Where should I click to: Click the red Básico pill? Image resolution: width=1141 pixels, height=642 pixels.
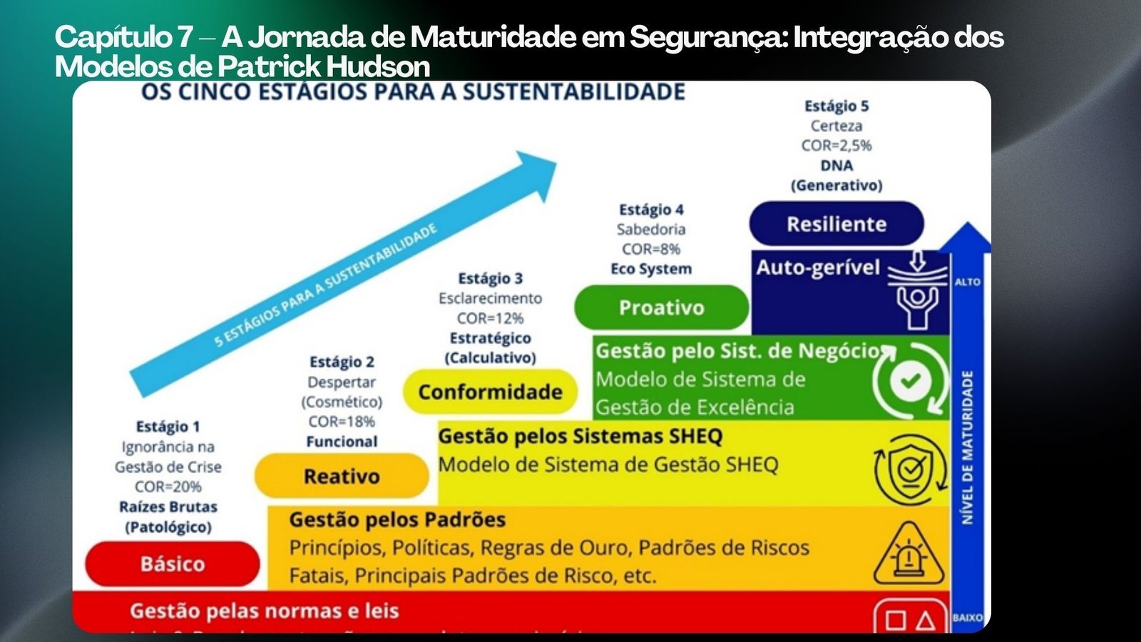pyautogui.click(x=173, y=564)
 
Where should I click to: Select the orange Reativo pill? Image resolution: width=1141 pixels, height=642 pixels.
pyautogui.click(x=342, y=476)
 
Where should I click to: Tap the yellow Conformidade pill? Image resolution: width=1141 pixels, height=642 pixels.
pyautogui.click(x=490, y=392)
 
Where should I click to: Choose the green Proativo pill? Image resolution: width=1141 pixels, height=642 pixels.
pyautogui.click(x=661, y=307)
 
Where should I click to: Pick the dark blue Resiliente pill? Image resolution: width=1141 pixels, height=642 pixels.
pyautogui.click(x=836, y=224)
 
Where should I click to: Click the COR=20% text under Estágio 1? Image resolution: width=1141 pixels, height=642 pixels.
pyautogui.click(x=168, y=486)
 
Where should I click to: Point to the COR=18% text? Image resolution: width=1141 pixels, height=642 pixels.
pyautogui.click(x=342, y=422)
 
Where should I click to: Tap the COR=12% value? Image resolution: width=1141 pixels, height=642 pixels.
pyautogui.click(x=490, y=318)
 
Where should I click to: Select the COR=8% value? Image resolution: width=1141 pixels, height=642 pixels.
pyautogui.click(x=651, y=249)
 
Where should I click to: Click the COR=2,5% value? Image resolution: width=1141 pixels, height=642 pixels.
pyautogui.click(x=836, y=146)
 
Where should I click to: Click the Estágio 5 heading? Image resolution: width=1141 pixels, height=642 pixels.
pyautogui.click(x=836, y=106)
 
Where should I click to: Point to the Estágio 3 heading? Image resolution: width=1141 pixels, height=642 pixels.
pyautogui.click(x=490, y=278)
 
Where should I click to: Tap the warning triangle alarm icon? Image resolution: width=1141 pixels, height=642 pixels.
pyautogui.click(x=909, y=554)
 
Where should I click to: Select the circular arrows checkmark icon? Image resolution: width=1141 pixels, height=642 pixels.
pyautogui.click(x=911, y=381)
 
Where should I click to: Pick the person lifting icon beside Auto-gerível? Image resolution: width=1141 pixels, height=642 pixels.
pyautogui.click(x=917, y=292)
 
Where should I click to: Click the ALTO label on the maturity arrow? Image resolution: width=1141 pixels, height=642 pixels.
pyautogui.click(x=968, y=282)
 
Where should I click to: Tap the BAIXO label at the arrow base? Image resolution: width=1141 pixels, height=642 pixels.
pyautogui.click(x=968, y=618)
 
